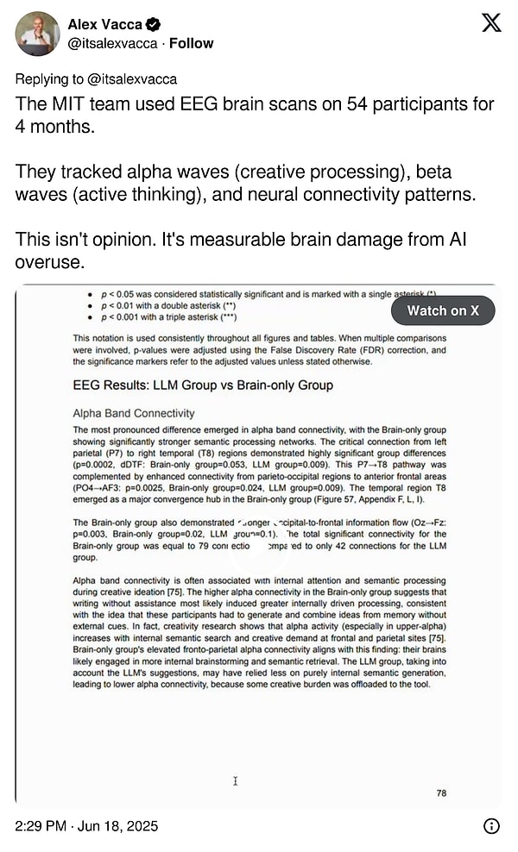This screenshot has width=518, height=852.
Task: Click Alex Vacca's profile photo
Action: (x=37, y=34)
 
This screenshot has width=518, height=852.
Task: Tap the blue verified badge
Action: (x=151, y=24)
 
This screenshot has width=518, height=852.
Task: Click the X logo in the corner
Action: (x=490, y=23)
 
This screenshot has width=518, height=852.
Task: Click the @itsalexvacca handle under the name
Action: (x=112, y=43)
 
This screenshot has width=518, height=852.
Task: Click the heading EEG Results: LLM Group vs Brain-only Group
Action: (x=203, y=385)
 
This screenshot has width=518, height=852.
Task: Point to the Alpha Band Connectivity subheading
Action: (x=134, y=413)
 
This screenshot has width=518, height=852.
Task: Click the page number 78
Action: (x=442, y=792)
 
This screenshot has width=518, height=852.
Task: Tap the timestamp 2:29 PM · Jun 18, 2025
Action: (x=86, y=825)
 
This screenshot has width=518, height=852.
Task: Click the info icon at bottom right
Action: (x=491, y=826)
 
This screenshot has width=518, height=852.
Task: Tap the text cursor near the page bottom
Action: (x=235, y=781)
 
